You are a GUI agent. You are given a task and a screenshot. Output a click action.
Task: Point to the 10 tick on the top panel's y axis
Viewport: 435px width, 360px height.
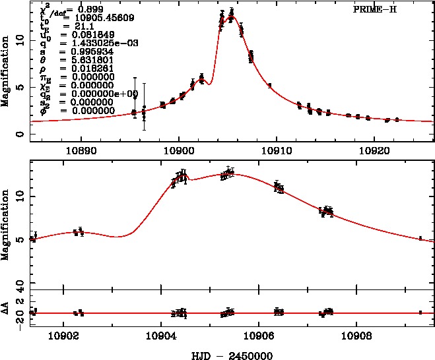19,40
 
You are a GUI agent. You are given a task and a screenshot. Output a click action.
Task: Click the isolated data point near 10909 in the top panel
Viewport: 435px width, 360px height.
269,85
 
